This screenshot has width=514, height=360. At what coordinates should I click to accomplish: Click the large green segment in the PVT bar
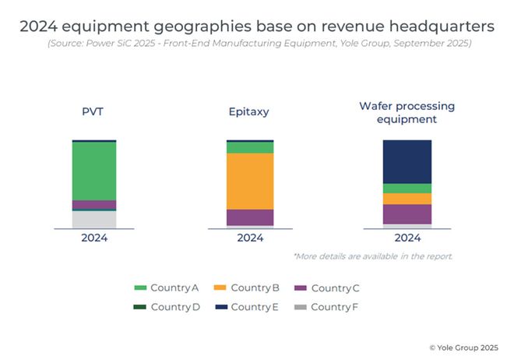[x=94, y=171]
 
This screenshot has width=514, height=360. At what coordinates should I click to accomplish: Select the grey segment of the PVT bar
[x=94, y=220]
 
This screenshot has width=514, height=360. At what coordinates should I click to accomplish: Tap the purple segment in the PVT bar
[x=94, y=205]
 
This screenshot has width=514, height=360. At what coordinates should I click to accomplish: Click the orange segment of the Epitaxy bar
[x=250, y=181]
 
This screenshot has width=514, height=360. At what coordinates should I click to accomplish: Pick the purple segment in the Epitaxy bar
[x=250, y=217]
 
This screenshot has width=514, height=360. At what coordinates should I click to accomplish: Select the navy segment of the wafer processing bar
[x=407, y=161]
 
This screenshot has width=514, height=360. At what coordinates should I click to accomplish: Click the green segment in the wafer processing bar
[x=407, y=188]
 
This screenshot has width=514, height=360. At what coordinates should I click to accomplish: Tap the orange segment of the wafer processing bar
[x=407, y=199]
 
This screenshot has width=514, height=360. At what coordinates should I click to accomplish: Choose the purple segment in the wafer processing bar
[x=407, y=214]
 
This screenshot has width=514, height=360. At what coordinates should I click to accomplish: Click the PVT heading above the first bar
[x=94, y=111]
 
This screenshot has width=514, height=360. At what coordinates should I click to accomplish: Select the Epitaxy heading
[x=250, y=111]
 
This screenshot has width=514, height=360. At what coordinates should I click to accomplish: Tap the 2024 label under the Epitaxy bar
[x=250, y=238]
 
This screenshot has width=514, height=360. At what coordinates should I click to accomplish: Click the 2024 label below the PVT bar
[x=94, y=238]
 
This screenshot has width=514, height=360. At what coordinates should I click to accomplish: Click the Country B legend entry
[x=248, y=288]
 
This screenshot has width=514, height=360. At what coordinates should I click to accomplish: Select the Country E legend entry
[x=248, y=307]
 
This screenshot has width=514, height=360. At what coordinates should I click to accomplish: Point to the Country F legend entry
[x=327, y=307]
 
